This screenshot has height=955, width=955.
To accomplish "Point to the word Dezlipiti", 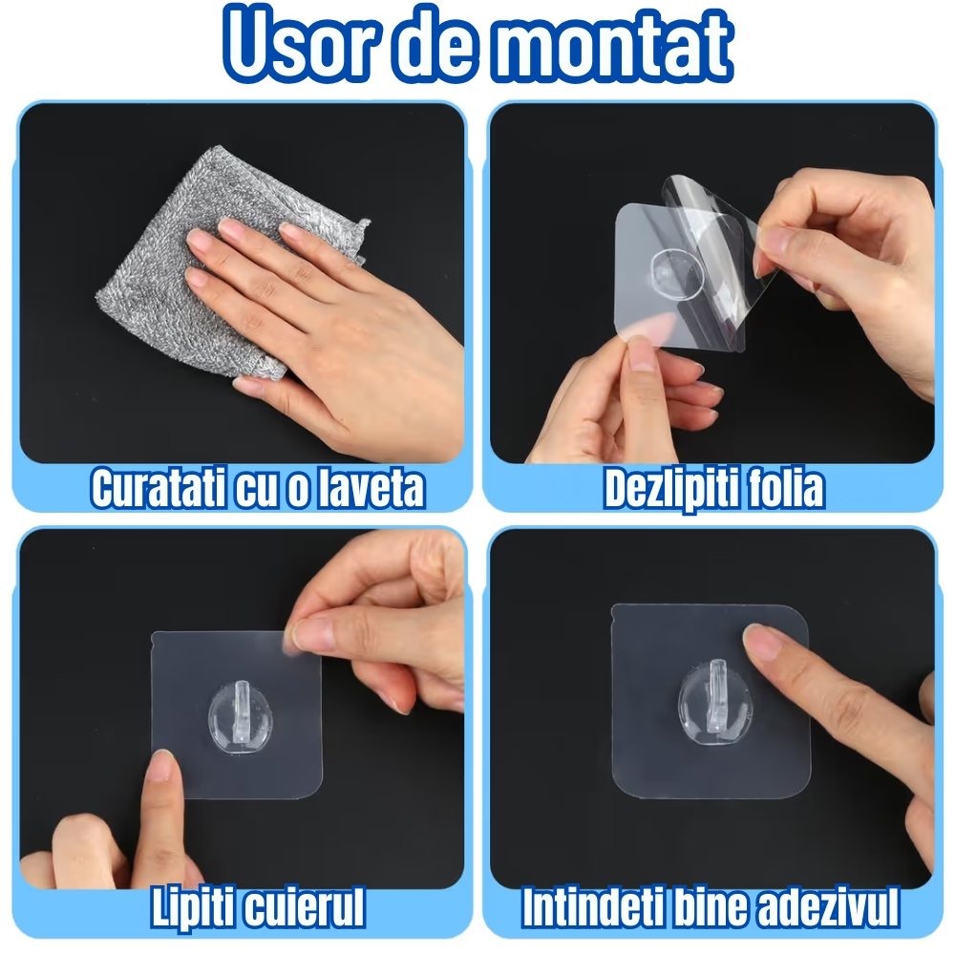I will [668, 489].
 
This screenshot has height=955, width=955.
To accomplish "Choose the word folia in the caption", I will [782, 489].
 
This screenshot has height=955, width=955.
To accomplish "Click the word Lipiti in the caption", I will [196, 908].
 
